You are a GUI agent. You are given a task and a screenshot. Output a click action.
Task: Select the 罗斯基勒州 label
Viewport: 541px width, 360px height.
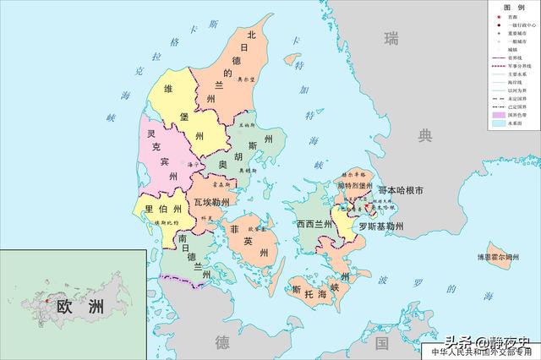(380, 226)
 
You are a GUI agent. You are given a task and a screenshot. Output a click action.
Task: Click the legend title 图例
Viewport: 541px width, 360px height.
(511, 8)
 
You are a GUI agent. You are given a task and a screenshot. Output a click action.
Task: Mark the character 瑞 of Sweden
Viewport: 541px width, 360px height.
(391, 37)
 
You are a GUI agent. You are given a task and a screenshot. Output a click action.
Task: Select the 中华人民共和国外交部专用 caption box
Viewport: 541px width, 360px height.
(483, 352)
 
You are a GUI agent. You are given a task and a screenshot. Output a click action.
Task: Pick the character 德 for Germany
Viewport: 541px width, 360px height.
(222, 342)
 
